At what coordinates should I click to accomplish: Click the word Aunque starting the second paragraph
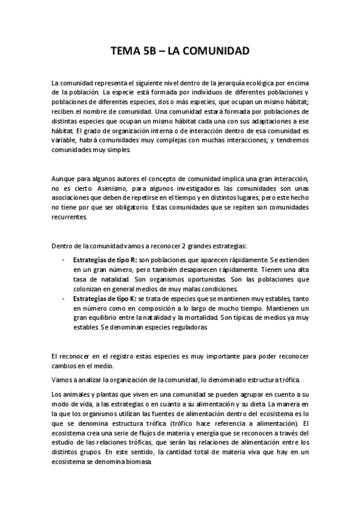(x=63, y=179)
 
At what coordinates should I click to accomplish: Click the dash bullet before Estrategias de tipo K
(x=64, y=298)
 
